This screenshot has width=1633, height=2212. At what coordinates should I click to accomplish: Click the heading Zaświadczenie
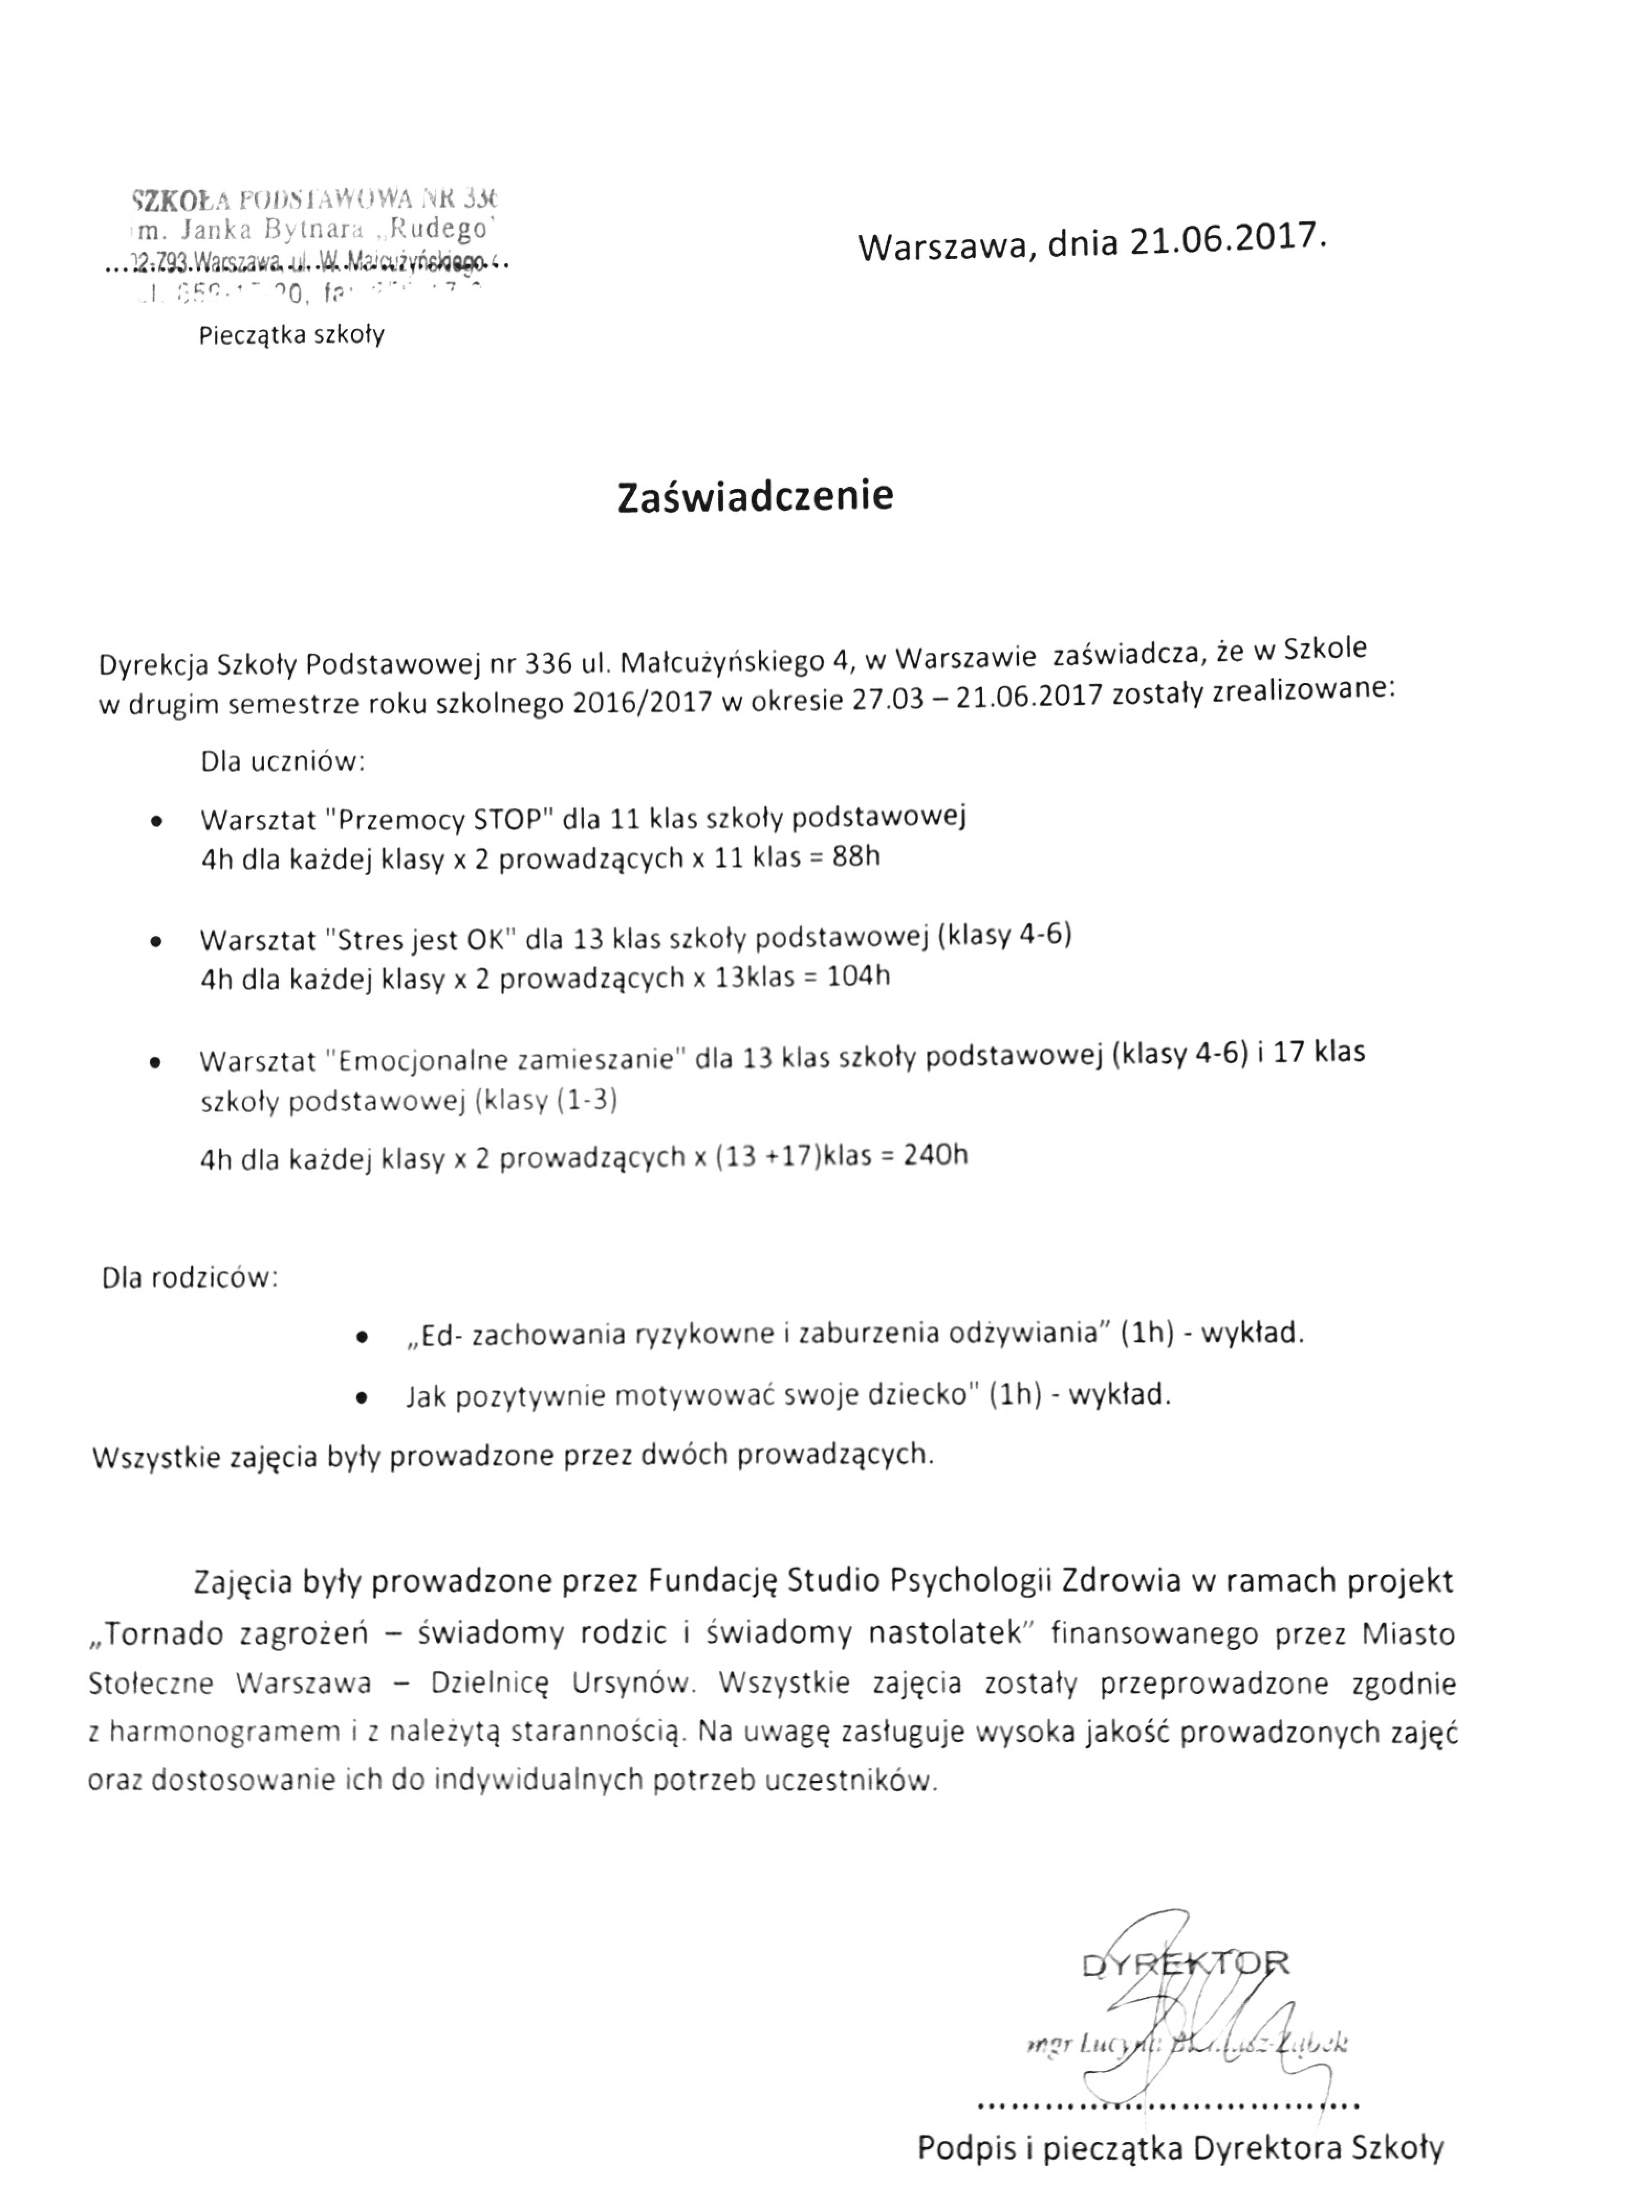755,496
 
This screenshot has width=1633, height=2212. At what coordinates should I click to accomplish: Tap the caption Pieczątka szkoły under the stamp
292,335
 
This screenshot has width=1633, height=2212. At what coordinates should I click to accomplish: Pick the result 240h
936,1155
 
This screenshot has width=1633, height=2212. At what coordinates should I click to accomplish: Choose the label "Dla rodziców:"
190,1278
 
